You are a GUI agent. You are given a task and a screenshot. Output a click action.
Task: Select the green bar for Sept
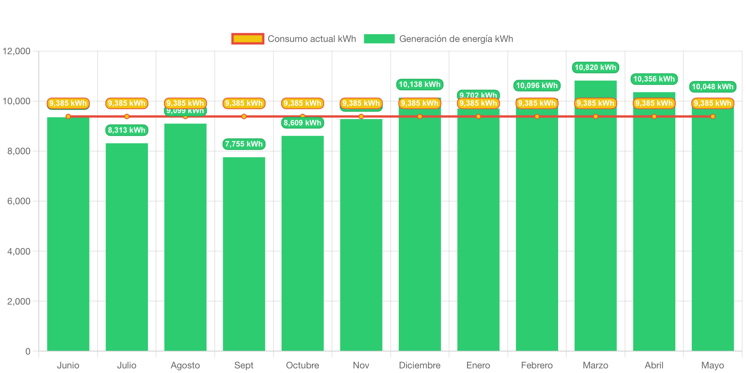244,254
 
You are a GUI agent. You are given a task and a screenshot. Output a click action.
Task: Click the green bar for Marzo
595,231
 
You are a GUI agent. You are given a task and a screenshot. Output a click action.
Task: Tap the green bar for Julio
127,246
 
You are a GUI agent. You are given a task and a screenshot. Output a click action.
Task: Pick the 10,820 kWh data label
595,68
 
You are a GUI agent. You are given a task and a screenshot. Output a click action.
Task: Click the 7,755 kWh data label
244,144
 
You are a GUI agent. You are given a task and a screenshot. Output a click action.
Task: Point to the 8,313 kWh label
127,130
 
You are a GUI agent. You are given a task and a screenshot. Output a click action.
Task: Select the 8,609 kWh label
302,123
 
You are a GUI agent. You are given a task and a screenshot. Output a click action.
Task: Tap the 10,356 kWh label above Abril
654,79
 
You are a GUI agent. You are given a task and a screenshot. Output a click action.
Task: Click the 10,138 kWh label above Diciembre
419,85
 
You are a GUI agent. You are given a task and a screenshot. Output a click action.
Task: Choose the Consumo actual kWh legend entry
294,39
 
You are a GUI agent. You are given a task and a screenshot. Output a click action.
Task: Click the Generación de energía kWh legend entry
438,39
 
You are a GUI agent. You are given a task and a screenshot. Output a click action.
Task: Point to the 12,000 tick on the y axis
17,51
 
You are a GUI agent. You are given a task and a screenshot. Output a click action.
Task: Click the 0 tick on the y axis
28,351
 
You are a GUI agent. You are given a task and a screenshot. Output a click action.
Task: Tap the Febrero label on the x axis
537,365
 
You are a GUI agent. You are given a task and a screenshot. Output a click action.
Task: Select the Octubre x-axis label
302,365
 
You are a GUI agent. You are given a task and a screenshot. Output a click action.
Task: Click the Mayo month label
713,365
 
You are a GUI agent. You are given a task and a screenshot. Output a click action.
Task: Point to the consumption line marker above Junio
68,117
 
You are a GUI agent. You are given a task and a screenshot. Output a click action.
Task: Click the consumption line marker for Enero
478,117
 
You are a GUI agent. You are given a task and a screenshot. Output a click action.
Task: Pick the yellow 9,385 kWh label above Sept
244,103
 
